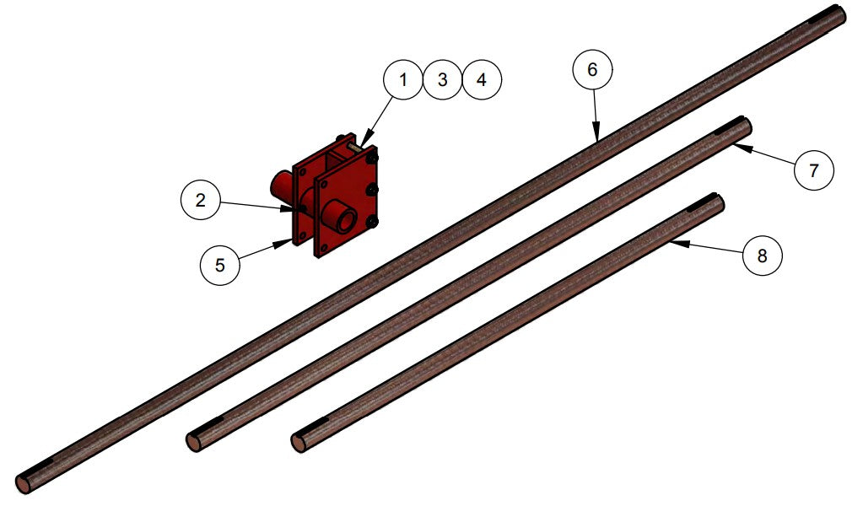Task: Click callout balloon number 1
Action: (x=403, y=79)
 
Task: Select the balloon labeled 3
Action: (x=442, y=79)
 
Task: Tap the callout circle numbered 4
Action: (x=481, y=79)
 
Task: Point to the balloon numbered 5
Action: (x=219, y=264)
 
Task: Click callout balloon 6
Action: (x=592, y=70)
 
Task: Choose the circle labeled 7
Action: (x=813, y=170)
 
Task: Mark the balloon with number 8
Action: (x=762, y=256)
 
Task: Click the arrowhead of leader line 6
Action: (x=596, y=137)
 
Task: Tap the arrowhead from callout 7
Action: (x=734, y=146)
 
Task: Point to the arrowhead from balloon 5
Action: (x=289, y=240)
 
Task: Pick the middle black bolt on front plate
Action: (x=372, y=191)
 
